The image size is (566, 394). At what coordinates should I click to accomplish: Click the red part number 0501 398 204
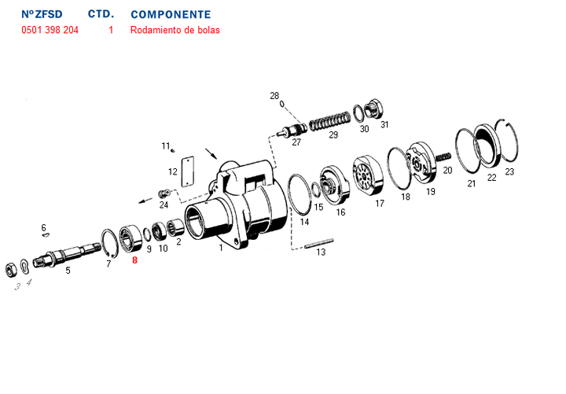click(50, 30)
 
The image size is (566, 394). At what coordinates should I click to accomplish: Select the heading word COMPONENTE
click(171, 15)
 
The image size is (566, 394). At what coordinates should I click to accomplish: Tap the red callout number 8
click(134, 260)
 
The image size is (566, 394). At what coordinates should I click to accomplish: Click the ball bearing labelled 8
click(130, 238)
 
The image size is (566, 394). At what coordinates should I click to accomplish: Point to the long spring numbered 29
click(330, 120)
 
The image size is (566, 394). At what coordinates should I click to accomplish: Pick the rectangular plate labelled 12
click(188, 171)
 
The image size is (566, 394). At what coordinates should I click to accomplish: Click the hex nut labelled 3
click(10, 270)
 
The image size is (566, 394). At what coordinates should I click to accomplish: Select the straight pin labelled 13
click(318, 243)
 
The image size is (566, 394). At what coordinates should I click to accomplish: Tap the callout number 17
click(380, 204)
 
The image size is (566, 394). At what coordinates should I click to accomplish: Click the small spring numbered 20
click(443, 156)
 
